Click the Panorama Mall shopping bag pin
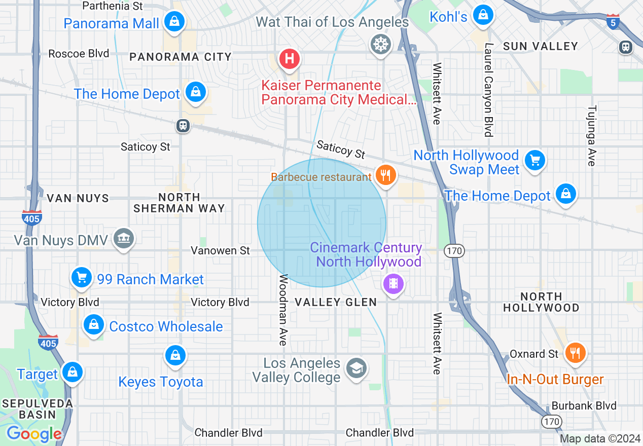(x=174, y=22)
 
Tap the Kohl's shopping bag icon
(x=483, y=15)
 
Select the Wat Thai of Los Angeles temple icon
(x=380, y=44)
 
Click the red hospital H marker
(x=289, y=59)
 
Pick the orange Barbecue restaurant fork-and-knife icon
(x=386, y=175)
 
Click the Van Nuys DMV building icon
(x=123, y=238)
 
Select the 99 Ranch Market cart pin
(x=82, y=277)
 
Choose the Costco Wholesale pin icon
(x=94, y=324)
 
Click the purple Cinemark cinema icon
(x=394, y=283)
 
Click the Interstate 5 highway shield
(x=613, y=22)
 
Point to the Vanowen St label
(x=220, y=250)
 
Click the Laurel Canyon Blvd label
(x=489, y=90)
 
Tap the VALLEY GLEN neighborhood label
(x=336, y=302)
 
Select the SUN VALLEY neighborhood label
(x=541, y=46)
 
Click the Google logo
(x=34, y=434)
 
